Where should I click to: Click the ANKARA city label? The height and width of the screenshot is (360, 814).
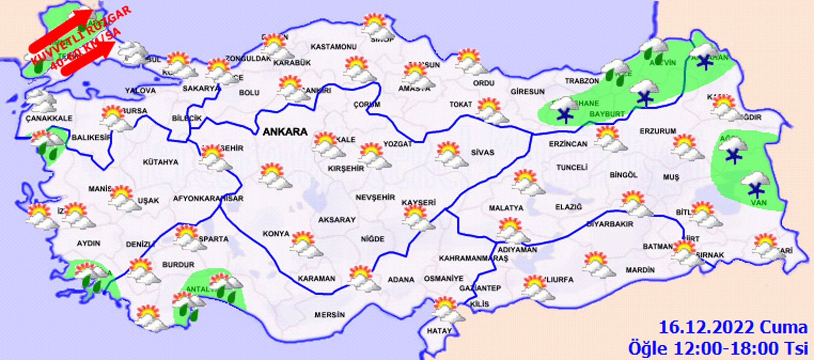(285, 132)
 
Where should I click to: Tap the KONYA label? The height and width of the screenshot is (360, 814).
(276, 234)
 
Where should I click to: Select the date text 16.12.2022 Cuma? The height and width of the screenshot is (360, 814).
(733, 328)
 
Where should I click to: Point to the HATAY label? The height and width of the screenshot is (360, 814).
(439, 331)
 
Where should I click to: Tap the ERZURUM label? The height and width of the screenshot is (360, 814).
(658, 131)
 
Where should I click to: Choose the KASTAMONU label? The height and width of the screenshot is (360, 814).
(334, 47)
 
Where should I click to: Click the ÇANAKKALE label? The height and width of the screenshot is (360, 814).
(49, 118)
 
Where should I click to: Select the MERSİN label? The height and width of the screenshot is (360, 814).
(329, 315)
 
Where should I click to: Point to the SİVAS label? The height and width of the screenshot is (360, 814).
(482, 152)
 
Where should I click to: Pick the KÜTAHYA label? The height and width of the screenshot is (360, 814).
(160, 162)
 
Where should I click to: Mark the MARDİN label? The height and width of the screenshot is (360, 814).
(640, 270)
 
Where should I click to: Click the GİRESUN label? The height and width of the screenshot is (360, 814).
(527, 92)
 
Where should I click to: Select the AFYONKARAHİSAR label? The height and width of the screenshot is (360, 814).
(208, 198)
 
